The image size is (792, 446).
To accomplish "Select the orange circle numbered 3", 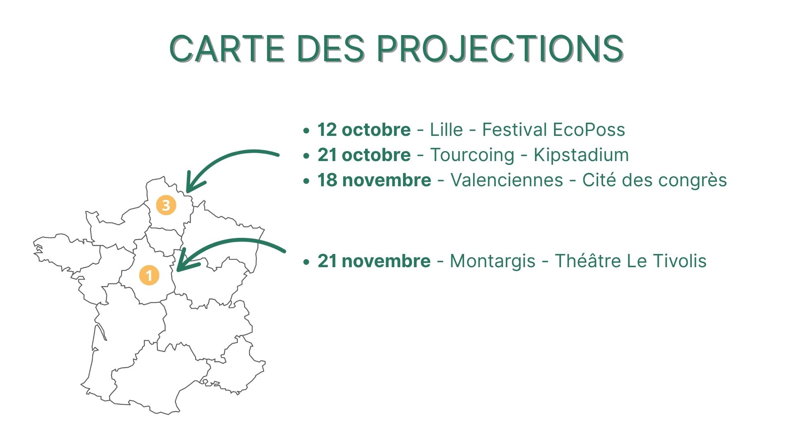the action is (166, 205).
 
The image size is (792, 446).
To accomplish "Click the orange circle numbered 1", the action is (149, 275).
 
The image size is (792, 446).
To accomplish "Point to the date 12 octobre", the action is (364, 130).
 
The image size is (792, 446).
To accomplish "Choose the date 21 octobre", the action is (364, 155).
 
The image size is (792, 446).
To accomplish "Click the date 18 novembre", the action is (374, 180).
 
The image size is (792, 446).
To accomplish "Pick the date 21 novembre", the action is (374, 261).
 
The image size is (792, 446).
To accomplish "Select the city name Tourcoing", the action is (472, 155).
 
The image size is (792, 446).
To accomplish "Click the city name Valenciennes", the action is (507, 180).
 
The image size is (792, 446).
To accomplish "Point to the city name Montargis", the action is (493, 261).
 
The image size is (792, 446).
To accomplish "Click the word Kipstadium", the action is (581, 155).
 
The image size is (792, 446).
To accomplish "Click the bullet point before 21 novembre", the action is (306, 262).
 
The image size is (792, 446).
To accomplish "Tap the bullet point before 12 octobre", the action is (306, 131).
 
